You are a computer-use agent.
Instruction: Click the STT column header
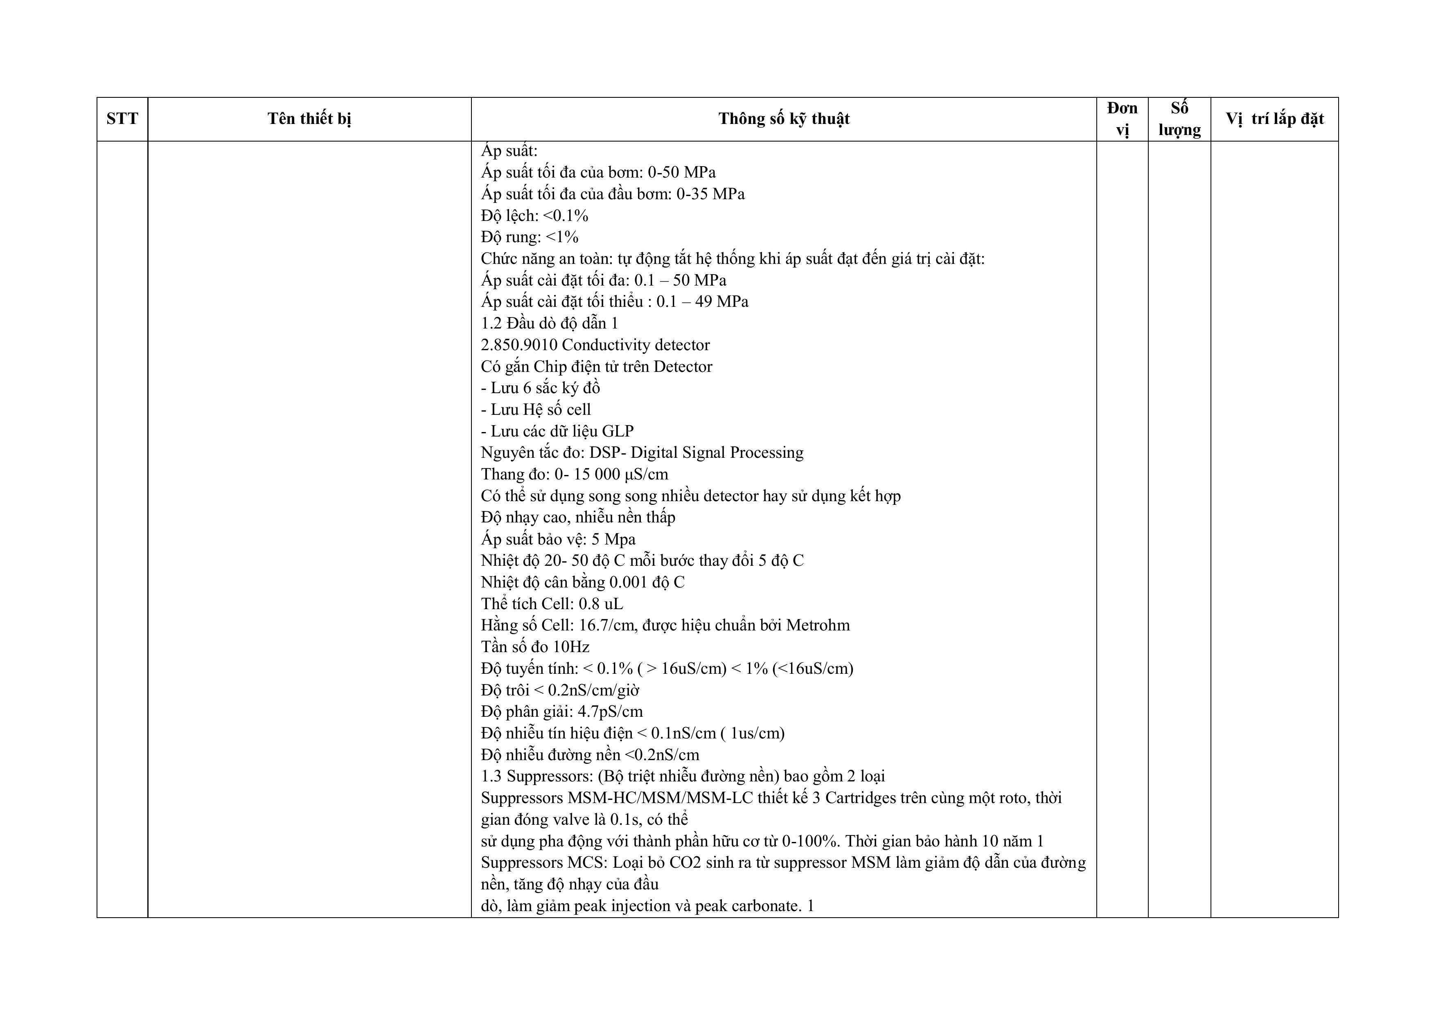pos(122,119)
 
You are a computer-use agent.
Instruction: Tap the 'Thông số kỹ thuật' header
pos(784,119)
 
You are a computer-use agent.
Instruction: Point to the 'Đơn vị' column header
pos(1122,119)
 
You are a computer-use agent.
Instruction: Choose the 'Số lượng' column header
pos(1179,119)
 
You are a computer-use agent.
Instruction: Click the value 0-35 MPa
pos(710,194)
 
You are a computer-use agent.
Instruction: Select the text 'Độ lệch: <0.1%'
pos(535,216)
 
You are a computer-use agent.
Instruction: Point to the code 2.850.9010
pos(518,345)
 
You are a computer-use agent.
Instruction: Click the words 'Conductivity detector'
pos(636,345)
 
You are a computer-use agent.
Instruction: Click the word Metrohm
pos(818,626)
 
